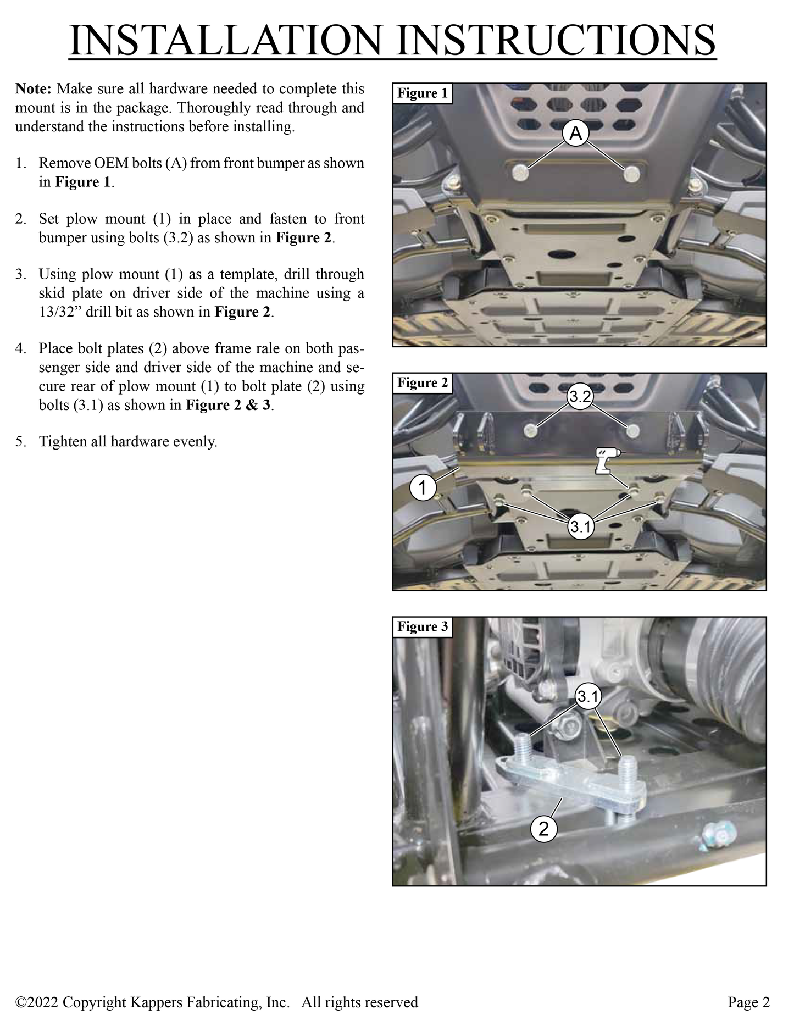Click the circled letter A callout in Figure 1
click(575, 134)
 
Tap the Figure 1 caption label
click(423, 93)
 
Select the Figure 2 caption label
click(423, 383)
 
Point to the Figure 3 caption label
click(423, 627)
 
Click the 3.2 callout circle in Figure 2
click(580, 397)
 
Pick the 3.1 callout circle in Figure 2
click(580, 526)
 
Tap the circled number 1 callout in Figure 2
click(423, 487)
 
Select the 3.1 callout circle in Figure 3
click(588, 697)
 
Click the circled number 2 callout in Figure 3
click(543, 829)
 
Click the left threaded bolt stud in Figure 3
click(523, 749)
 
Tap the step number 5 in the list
click(20, 442)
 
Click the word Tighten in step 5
click(63, 442)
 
